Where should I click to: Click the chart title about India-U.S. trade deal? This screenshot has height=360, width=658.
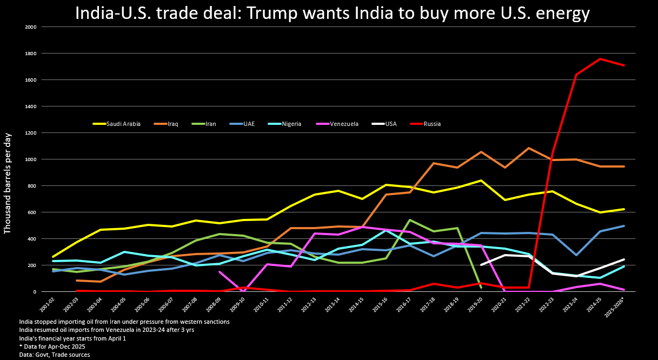[332, 13]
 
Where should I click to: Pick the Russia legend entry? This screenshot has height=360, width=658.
[432, 124]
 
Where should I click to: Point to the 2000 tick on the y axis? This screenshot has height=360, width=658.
[31, 27]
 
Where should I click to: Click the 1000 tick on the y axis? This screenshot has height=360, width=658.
[31, 159]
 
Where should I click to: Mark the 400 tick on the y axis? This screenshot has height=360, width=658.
[32, 239]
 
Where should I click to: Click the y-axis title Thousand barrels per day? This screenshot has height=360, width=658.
[8, 183]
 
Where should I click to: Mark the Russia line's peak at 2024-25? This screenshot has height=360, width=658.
[600, 59]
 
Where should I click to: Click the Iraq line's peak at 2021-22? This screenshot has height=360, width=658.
[529, 148]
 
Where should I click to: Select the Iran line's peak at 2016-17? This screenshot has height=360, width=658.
[410, 220]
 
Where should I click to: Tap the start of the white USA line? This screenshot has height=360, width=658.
[481, 265]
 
